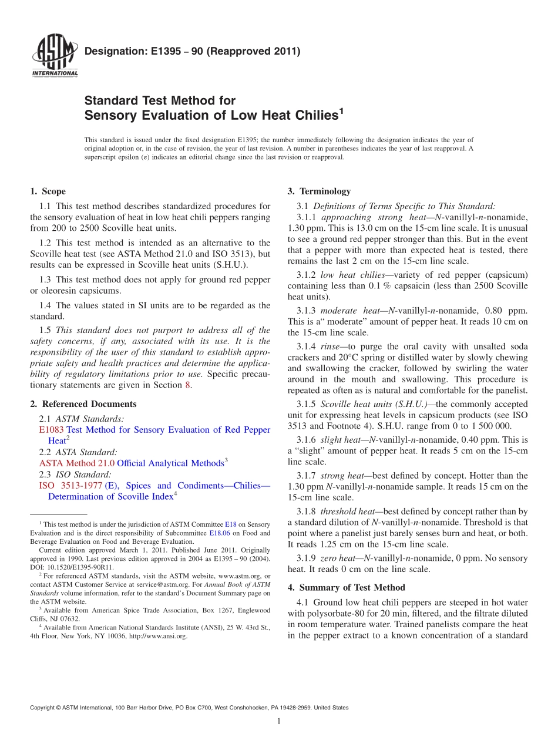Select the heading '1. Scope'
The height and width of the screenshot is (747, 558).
[48, 191]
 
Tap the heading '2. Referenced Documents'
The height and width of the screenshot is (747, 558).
[83, 404]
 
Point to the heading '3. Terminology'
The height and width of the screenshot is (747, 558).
[319, 191]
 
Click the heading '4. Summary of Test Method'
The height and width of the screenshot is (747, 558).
[346, 587]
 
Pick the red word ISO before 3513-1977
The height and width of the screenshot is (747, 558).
[46, 486]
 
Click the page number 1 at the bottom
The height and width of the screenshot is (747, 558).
[279, 722]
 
